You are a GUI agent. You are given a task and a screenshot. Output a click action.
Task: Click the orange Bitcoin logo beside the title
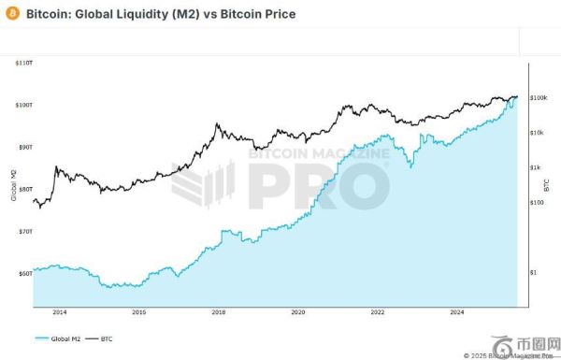tap(11, 15)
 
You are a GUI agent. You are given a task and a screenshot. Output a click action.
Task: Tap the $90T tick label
tap(23, 147)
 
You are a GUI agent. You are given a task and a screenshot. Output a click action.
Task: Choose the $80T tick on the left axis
tap(23, 188)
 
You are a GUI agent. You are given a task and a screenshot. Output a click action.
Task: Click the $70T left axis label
tap(23, 230)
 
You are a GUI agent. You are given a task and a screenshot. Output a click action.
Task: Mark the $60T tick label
tap(23, 273)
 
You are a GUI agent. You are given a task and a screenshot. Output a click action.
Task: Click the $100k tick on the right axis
tap(539, 97)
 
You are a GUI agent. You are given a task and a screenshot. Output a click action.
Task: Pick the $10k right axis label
tap(538, 133)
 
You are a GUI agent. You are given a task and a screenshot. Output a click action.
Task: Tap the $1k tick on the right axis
tap(536, 167)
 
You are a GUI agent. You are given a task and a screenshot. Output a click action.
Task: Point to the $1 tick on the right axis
tap(534, 272)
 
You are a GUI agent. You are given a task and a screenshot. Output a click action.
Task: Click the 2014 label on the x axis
tap(60, 312)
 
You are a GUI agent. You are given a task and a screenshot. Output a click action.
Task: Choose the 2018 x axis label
tap(219, 312)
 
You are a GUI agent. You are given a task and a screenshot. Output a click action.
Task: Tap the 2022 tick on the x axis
tap(377, 312)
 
